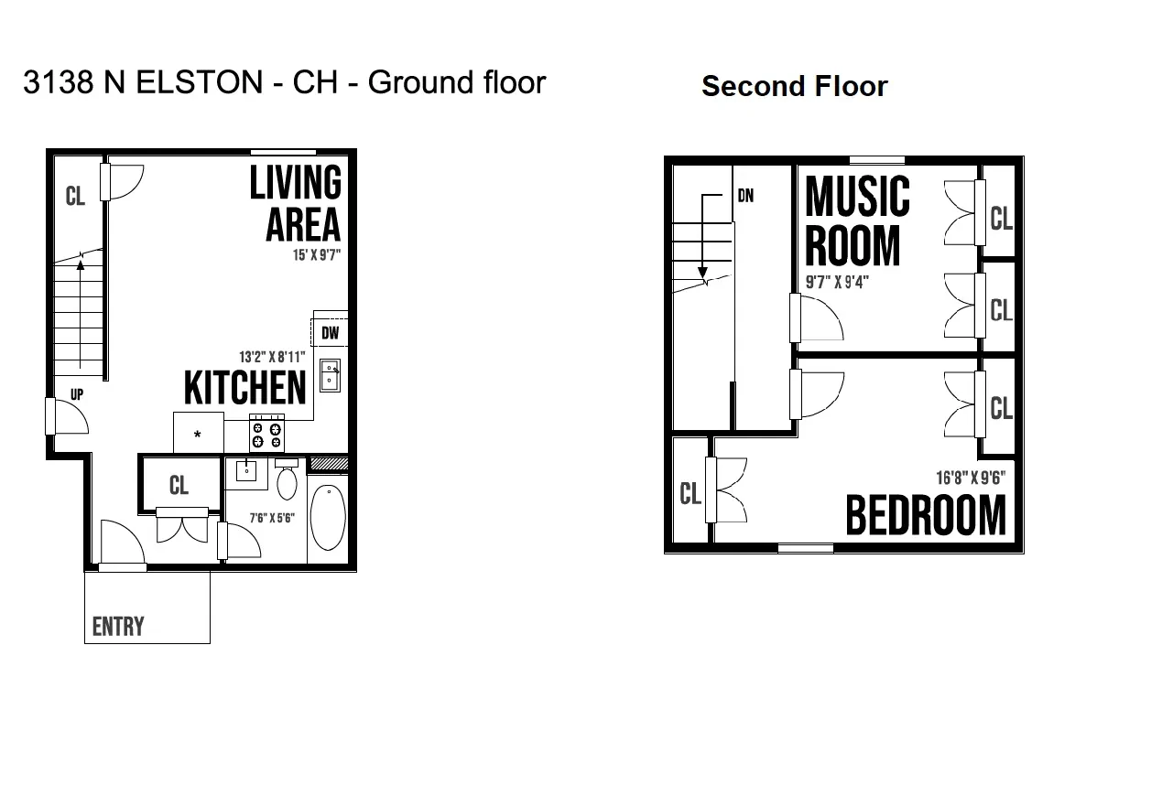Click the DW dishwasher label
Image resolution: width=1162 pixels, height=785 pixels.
[x=330, y=333]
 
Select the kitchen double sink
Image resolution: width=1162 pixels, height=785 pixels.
[x=330, y=375]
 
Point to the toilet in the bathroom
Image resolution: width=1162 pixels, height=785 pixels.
[x=287, y=479]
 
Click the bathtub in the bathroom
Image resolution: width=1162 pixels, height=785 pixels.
[x=328, y=517]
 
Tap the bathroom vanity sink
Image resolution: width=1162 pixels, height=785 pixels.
[x=246, y=471]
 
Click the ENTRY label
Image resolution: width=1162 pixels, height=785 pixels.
[x=118, y=627]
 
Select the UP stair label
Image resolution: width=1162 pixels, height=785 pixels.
[x=77, y=395]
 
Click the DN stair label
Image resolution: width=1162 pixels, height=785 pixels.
[x=745, y=196]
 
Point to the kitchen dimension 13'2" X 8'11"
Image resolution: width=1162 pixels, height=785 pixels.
[x=272, y=357]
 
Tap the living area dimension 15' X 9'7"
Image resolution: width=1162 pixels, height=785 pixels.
[x=317, y=255]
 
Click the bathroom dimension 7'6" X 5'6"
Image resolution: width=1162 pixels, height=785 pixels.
[x=272, y=518]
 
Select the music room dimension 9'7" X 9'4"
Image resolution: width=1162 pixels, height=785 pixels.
[x=837, y=283]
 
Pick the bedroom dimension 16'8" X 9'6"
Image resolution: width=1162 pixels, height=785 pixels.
[x=971, y=478]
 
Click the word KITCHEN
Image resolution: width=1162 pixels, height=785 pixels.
[x=244, y=388]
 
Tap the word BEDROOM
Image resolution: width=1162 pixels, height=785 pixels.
[x=926, y=515]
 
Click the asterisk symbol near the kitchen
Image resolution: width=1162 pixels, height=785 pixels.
[x=197, y=435]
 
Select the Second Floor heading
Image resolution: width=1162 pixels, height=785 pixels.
[x=795, y=86]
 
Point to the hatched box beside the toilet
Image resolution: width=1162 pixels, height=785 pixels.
[x=329, y=463]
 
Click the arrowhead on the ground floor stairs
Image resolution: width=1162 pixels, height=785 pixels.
[x=81, y=266]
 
